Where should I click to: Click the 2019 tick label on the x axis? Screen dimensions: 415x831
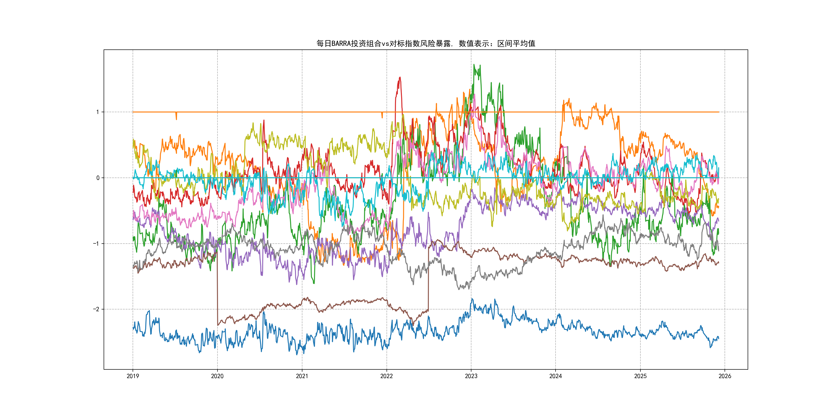133,376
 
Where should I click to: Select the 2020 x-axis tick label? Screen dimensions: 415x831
217,376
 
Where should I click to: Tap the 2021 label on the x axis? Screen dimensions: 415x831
302,376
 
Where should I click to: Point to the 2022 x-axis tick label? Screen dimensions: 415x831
387,376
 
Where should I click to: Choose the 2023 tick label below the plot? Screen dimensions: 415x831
471,376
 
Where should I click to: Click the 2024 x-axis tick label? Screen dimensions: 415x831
556,376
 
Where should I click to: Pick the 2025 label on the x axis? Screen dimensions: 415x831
640,376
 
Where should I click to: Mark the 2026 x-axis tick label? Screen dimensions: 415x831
725,376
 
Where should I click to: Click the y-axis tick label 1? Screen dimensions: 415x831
97,112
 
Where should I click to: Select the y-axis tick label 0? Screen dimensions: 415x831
98,178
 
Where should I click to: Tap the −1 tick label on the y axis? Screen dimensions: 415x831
96,244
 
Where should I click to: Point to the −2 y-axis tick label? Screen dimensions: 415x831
96,309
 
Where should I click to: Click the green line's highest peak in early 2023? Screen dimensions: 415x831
474,65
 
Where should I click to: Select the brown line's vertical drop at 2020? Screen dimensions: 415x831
217,287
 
